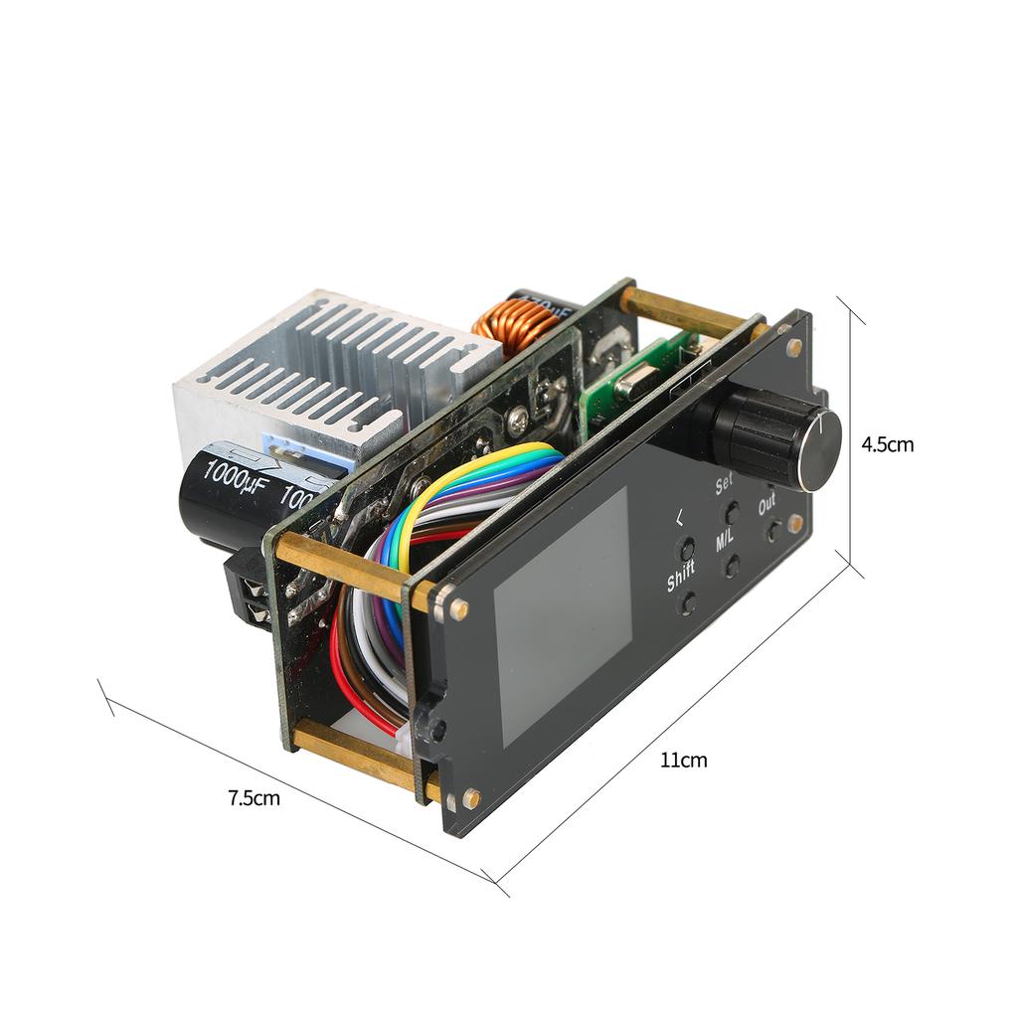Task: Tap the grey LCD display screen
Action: click(563, 616)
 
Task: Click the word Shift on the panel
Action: click(681, 576)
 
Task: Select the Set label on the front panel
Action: click(724, 484)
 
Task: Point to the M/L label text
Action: click(725, 541)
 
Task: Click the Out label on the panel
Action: click(767, 504)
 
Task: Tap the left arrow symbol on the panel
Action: click(679, 517)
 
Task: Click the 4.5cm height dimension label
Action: click(887, 444)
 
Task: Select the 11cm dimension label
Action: click(684, 761)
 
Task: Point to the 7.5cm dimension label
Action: click(254, 797)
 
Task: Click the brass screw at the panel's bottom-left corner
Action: click(470, 797)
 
